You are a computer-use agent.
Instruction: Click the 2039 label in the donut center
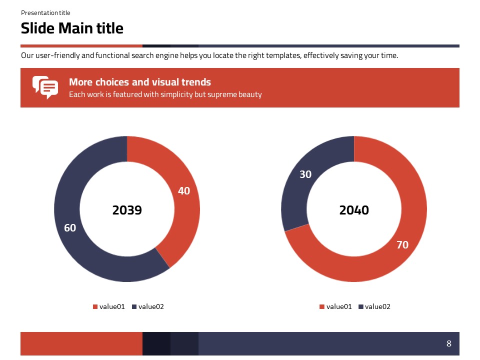[x=127, y=210]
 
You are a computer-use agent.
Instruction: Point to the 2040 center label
[x=354, y=210]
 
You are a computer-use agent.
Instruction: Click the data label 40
[x=184, y=190]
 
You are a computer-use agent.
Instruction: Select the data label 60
[x=70, y=228]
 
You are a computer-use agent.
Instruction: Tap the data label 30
[x=305, y=174]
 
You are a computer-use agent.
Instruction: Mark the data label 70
[x=402, y=244]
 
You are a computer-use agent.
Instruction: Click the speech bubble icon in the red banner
[x=45, y=87]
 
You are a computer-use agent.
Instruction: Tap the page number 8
[x=448, y=343]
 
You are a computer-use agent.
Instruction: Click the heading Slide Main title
[x=72, y=28]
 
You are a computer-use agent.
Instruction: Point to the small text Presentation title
[x=45, y=13]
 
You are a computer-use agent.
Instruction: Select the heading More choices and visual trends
[x=140, y=82]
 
